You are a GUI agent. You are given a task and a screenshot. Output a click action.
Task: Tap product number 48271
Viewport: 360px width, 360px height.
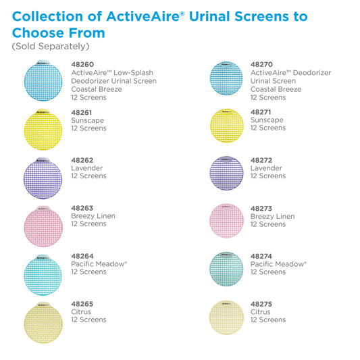pos(262,111)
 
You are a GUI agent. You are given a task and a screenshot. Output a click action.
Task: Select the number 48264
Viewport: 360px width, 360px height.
pos(82,256)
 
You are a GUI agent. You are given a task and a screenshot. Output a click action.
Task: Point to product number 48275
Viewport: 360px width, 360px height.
pos(262,304)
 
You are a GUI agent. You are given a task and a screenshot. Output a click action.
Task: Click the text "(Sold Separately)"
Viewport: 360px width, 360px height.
pos(51,47)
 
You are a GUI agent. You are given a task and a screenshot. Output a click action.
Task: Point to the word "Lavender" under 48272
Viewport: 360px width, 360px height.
pos(266,168)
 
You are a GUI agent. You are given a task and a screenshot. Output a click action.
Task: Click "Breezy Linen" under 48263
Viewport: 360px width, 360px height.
pos(93,216)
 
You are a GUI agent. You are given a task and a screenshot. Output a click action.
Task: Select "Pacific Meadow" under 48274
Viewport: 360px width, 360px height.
pos(278,264)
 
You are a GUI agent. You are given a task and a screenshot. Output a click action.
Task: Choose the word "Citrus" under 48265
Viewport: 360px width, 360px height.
pos(82,312)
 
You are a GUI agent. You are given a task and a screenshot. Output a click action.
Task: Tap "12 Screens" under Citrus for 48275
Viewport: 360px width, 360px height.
pos(268,320)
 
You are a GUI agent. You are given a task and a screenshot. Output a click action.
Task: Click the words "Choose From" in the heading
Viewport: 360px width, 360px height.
pos(59,32)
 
